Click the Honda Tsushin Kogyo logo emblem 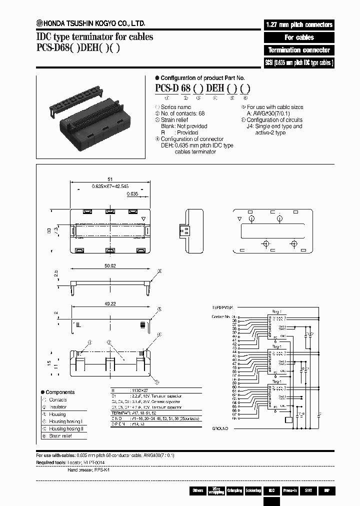(39, 22)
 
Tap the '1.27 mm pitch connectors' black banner (298, 24)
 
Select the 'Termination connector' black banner (298, 50)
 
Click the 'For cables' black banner (298, 37)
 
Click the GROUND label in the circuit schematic (220, 428)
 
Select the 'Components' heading (59, 392)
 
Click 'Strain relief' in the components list (61, 436)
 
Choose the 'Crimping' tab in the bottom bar (234, 490)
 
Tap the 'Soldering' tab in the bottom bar (253, 490)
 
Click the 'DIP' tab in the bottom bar (326, 490)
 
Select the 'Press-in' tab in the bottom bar (290, 490)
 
